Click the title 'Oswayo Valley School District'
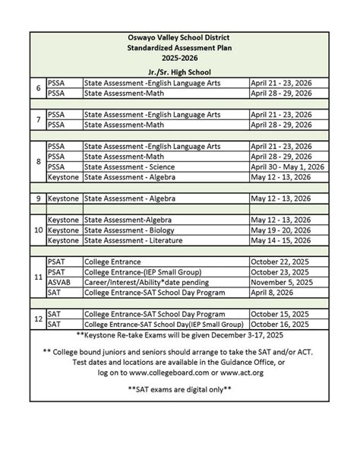[x=180, y=38]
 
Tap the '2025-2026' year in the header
[x=180, y=59]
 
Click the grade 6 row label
[x=38, y=87]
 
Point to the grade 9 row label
[x=38, y=198]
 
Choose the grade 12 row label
[x=38, y=318]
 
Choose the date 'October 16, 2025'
[x=281, y=323]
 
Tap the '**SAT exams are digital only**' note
[x=180, y=389]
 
